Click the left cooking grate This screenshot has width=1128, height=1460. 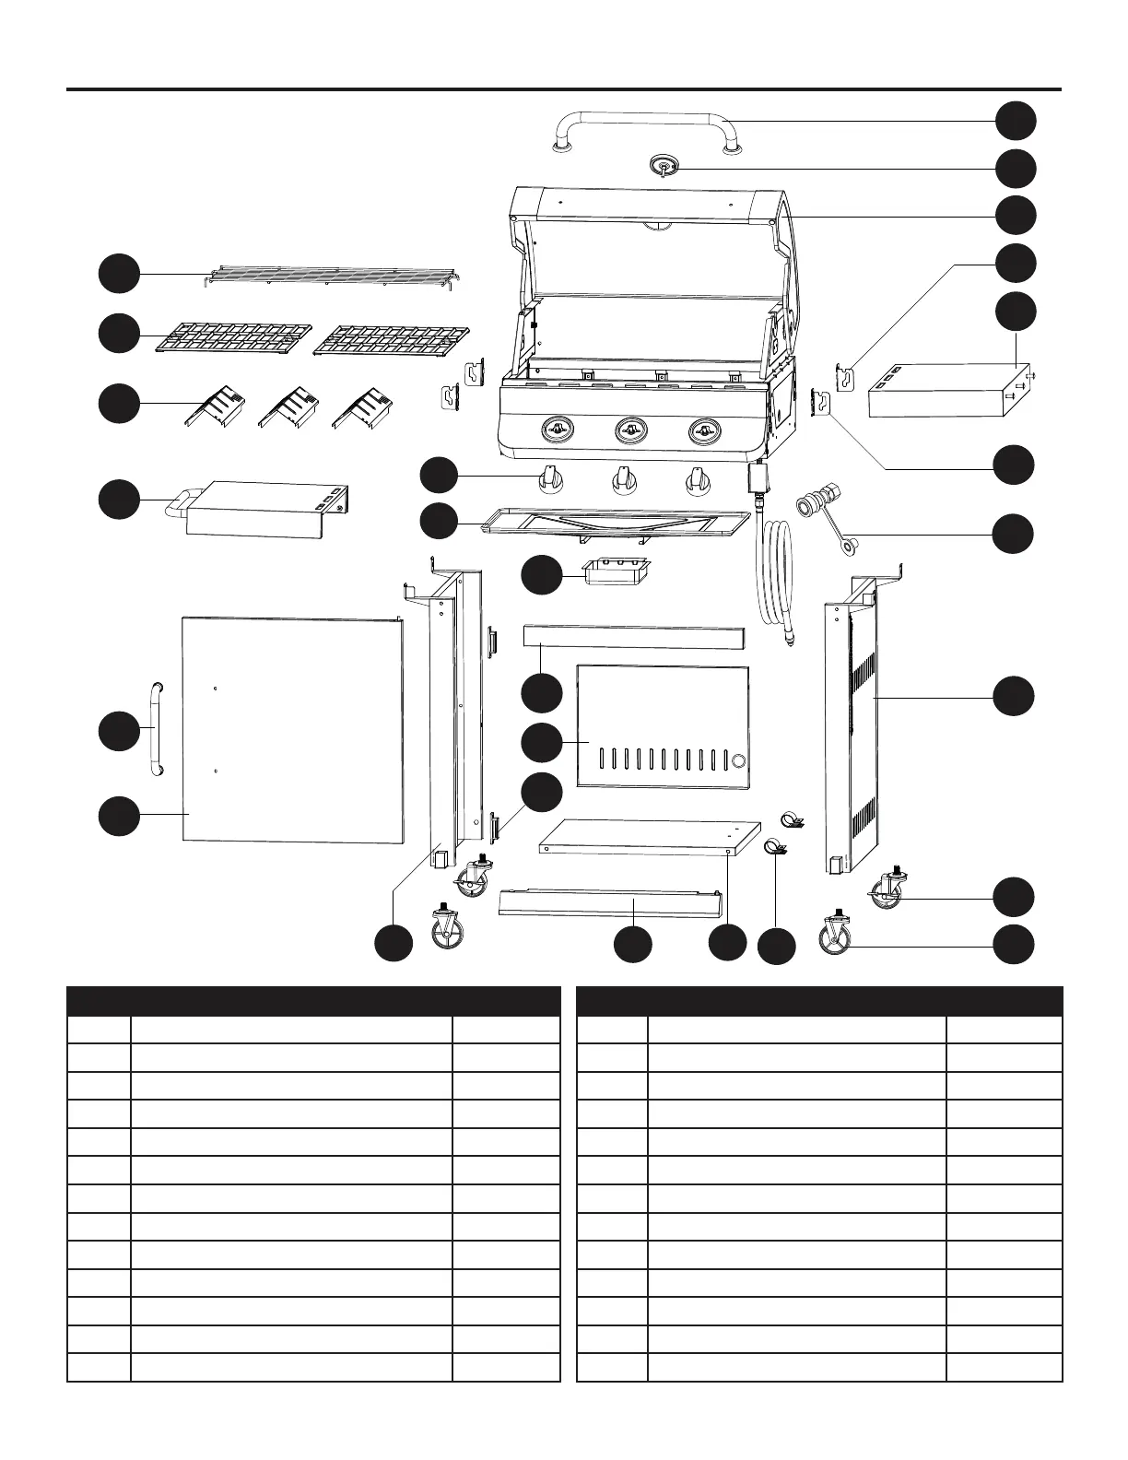234,337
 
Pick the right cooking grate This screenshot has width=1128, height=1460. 391,340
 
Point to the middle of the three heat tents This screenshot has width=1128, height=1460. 288,406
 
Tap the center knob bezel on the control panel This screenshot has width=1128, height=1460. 630,430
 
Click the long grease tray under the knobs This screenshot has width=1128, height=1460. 615,522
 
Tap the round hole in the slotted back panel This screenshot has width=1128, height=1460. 737,761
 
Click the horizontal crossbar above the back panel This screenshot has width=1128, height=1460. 633,637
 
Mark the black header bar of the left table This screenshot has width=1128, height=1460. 314,1001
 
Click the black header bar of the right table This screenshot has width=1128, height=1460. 818,1001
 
